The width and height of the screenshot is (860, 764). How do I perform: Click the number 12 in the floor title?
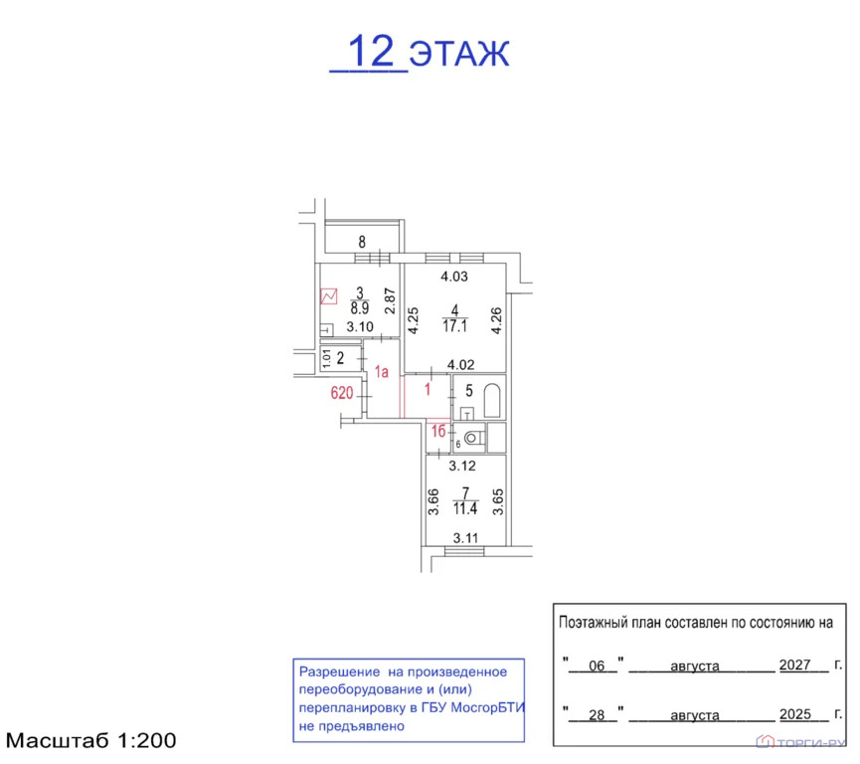[369, 50]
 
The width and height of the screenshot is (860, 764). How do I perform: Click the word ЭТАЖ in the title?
[459, 52]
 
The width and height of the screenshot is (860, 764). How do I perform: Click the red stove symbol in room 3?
[329, 296]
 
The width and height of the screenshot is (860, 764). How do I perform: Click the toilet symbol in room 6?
[472, 436]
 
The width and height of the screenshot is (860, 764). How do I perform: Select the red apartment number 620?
[342, 393]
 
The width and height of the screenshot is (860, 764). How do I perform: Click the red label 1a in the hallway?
[381, 373]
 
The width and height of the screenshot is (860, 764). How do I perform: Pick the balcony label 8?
[362, 241]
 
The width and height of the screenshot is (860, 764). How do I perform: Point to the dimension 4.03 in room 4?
[454, 277]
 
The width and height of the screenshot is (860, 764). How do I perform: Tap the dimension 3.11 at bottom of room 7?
[465, 538]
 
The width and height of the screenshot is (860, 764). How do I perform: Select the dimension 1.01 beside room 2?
[325, 358]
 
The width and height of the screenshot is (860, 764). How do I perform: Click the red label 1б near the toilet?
[437, 430]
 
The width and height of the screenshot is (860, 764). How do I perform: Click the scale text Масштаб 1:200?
[91, 741]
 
